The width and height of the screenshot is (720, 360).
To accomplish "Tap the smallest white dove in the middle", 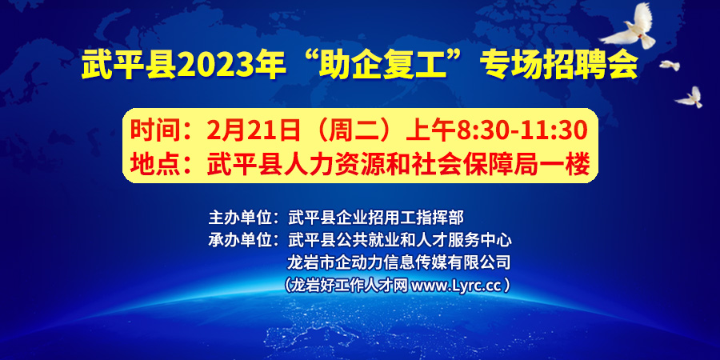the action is pos(670,66).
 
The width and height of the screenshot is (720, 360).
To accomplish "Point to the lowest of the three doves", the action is pos(690,98).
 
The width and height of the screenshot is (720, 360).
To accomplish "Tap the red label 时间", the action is pos(146,130).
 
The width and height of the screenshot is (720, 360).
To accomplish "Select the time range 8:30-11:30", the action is pos(522,130).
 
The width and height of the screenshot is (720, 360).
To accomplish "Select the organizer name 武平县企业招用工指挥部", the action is pos(376,217).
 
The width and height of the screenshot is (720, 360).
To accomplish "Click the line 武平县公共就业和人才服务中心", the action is pos(398,240).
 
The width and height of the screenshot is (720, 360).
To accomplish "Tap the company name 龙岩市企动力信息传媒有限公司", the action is pos(398,262).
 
